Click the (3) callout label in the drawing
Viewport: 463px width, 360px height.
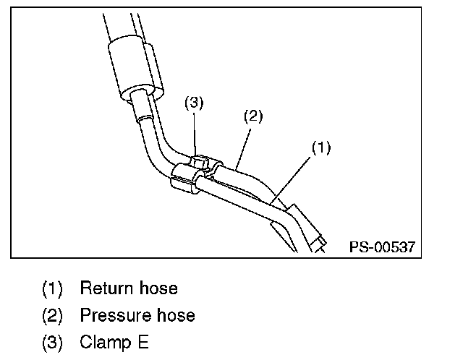click(x=193, y=103)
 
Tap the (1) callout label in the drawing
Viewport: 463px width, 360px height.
click(x=321, y=147)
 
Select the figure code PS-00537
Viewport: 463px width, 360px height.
click(x=383, y=247)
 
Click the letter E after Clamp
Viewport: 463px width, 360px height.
click(x=143, y=342)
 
